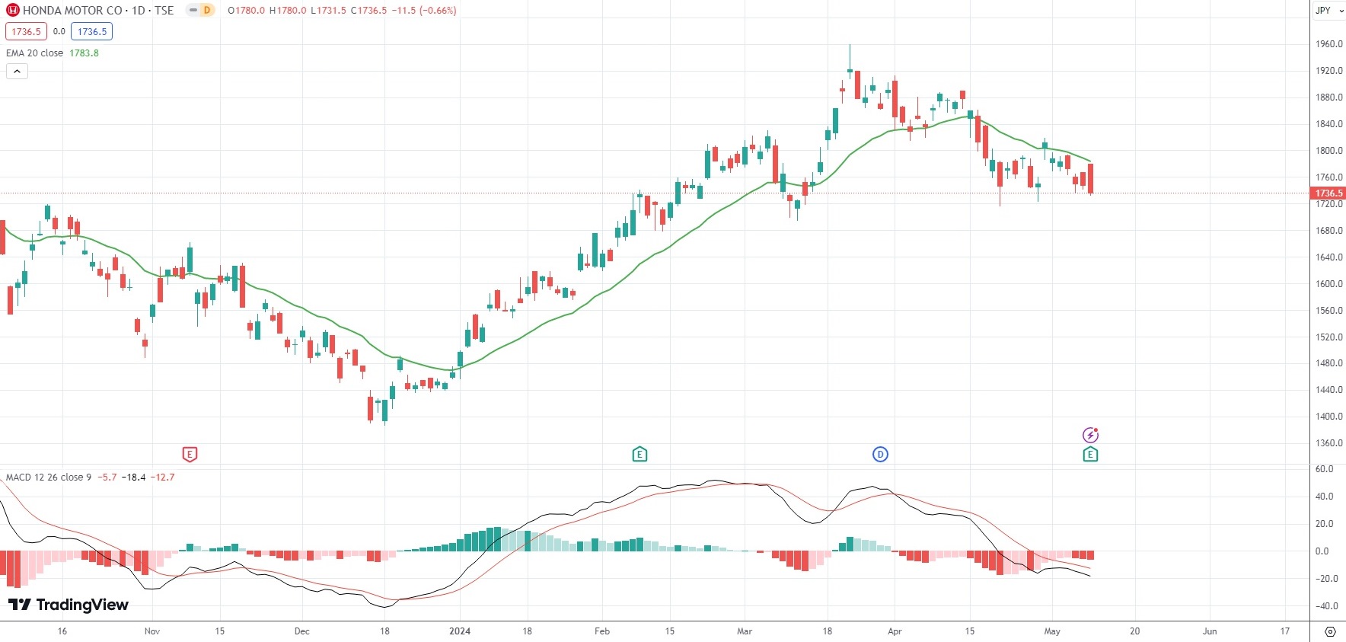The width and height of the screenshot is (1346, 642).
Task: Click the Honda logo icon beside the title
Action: [x=13, y=11]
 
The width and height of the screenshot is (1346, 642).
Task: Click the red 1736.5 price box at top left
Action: [x=27, y=31]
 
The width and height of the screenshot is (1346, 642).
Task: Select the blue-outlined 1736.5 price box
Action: [x=92, y=31]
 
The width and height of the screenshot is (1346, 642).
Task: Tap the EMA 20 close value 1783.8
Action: [x=84, y=53]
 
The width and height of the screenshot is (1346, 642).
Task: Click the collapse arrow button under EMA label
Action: [x=17, y=72]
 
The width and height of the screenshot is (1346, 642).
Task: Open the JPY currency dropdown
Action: [x=1328, y=11]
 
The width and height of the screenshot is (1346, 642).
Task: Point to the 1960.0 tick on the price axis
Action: [x=1328, y=44]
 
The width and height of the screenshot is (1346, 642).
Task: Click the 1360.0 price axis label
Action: [x=1328, y=443]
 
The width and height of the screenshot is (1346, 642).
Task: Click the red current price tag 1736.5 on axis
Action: [x=1328, y=193]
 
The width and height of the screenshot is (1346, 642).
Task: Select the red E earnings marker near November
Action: [x=190, y=455]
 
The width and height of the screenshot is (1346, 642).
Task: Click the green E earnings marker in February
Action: [x=640, y=455]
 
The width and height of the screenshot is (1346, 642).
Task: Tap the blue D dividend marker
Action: [x=880, y=455]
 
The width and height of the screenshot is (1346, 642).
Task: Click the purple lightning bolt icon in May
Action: [x=1090, y=435]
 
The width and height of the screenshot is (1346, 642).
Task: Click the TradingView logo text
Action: [x=69, y=605]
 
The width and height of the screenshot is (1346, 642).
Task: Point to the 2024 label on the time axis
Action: [x=460, y=631]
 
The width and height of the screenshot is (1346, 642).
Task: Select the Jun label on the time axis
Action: [x=1210, y=631]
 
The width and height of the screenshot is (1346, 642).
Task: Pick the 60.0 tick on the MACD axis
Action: [x=1324, y=469]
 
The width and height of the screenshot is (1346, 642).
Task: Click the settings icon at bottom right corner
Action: [x=1330, y=631]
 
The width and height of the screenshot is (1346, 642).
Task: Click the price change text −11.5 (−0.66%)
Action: [x=424, y=11]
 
